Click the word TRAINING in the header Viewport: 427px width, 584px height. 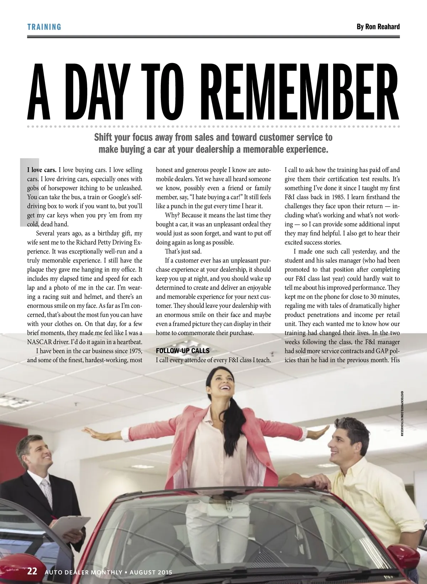(44, 27)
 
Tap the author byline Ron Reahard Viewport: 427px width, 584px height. (378, 27)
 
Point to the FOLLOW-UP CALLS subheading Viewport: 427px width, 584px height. (183, 351)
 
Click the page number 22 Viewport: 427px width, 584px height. (32, 571)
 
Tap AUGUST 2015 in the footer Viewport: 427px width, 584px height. (151, 572)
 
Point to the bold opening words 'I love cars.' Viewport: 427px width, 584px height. (42, 170)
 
